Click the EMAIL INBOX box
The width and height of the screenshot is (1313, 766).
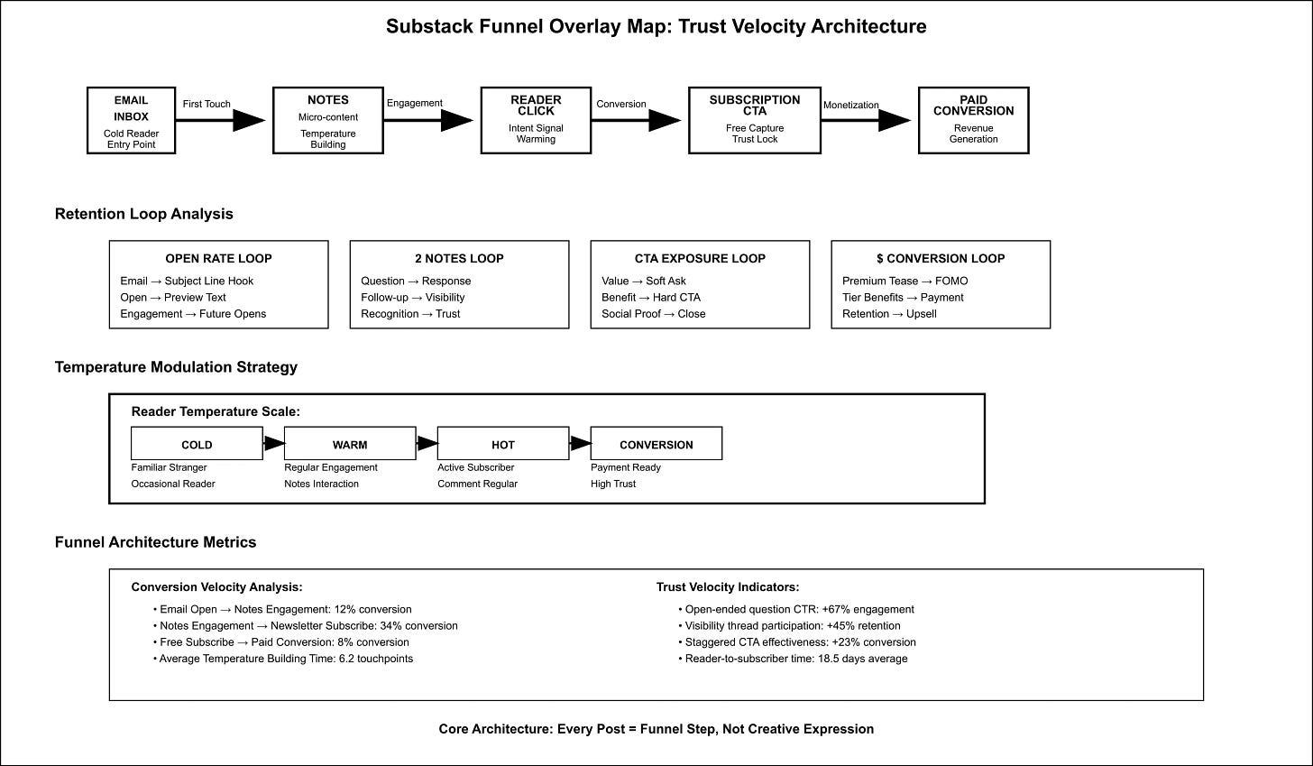coord(131,121)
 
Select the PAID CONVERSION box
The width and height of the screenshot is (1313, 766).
coord(973,121)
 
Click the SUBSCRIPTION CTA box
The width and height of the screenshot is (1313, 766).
coord(754,121)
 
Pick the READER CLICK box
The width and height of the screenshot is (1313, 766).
coord(536,121)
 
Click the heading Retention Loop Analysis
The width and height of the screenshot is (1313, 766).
coord(144,214)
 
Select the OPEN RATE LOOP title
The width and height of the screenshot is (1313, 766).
coord(218,258)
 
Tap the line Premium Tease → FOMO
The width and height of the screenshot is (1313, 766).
coord(904,281)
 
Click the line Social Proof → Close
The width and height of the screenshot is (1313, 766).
coord(653,314)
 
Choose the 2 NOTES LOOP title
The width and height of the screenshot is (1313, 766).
coord(459,258)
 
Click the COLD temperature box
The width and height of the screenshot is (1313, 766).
coord(197,444)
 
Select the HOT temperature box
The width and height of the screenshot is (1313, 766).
coord(503,444)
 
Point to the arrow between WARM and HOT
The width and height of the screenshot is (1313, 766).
coord(427,444)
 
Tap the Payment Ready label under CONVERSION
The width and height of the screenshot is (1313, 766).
coord(625,467)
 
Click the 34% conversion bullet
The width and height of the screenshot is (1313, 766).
coord(308,625)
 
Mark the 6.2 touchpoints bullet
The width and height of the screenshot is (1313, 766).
coord(286,659)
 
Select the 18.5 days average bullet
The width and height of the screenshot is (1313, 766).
coord(795,659)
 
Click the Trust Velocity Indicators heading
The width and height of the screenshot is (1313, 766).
coord(727,587)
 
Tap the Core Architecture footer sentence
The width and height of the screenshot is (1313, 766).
coord(656,729)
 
